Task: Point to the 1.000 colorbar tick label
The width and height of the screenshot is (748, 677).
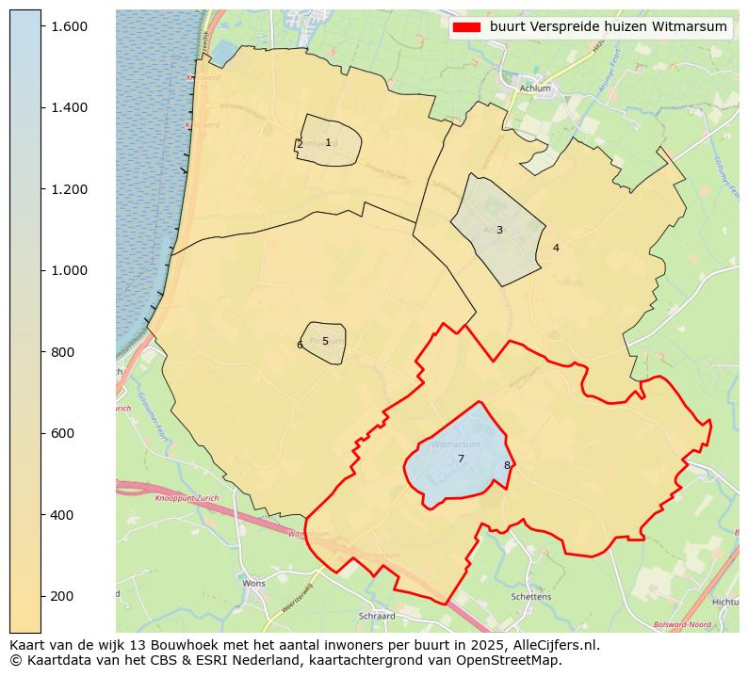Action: (69, 270)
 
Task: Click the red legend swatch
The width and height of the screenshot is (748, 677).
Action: (466, 27)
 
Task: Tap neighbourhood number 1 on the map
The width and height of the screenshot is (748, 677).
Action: (328, 143)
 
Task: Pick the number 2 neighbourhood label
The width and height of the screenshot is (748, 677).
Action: (300, 144)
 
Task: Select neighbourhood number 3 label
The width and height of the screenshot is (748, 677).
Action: (499, 230)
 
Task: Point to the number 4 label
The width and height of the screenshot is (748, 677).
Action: (556, 249)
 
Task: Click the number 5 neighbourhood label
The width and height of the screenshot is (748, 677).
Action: (325, 342)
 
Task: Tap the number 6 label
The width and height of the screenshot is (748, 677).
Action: (300, 345)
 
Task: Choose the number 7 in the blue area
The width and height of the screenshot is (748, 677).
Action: (461, 459)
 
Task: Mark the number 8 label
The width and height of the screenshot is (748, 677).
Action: (506, 465)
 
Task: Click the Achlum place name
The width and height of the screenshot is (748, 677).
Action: (535, 89)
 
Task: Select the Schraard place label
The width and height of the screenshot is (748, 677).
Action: (377, 617)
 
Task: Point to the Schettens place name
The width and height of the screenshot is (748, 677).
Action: (530, 597)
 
